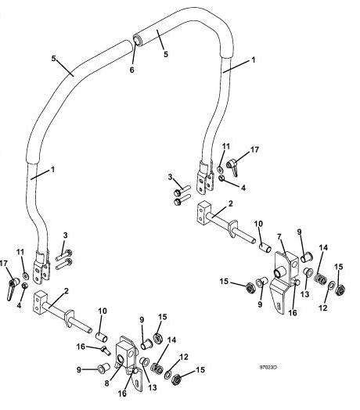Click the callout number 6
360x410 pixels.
(x=131, y=70)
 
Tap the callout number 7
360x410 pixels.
(x=279, y=237)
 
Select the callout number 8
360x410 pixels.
(x=106, y=383)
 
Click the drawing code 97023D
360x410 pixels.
(x=268, y=368)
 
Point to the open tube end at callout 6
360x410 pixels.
(x=137, y=40)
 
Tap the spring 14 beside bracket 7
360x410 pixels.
(x=320, y=279)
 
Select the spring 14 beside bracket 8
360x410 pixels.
(x=157, y=369)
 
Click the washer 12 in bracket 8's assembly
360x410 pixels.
(x=168, y=375)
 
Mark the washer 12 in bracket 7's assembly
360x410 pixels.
(x=332, y=286)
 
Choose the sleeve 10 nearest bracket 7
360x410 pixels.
(x=265, y=247)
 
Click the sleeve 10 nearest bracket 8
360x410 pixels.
(x=101, y=336)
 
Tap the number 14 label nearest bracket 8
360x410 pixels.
(x=171, y=340)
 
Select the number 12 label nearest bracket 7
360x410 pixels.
(x=323, y=307)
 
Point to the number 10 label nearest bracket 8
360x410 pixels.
(x=103, y=311)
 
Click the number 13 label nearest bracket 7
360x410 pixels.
(x=304, y=294)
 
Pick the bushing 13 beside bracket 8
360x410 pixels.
(x=145, y=362)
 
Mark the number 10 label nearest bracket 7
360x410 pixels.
(x=258, y=224)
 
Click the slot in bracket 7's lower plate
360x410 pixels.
(x=279, y=305)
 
